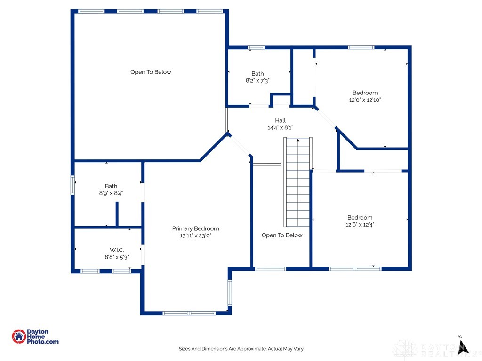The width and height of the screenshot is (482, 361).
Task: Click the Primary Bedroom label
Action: (x=195, y=228)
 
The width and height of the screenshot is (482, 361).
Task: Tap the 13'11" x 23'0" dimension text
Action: (x=195, y=236)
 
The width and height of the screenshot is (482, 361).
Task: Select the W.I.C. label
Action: (x=117, y=250)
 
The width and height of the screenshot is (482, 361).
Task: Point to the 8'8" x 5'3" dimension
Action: (x=117, y=257)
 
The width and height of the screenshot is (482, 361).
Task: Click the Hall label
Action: (x=280, y=121)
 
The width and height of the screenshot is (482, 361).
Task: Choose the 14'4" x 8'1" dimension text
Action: (x=280, y=128)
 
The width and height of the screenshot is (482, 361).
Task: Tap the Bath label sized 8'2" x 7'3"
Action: (x=257, y=73)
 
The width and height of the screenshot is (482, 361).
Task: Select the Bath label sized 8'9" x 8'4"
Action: (x=111, y=186)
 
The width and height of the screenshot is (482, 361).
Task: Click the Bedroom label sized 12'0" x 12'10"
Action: (x=365, y=93)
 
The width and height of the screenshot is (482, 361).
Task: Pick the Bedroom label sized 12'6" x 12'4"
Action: (x=360, y=217)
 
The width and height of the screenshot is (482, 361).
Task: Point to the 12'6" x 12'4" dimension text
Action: (x=360, y=225)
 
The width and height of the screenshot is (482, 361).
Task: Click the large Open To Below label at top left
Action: (x=151, y=72)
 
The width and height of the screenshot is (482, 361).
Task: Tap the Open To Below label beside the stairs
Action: (x=282, y=235)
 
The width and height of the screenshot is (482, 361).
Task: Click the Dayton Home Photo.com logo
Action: (x=35, y=336)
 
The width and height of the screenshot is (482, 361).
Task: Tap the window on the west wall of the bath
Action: (x=72, y=185)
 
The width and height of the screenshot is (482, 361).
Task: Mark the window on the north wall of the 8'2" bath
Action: (x=256, y=47)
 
